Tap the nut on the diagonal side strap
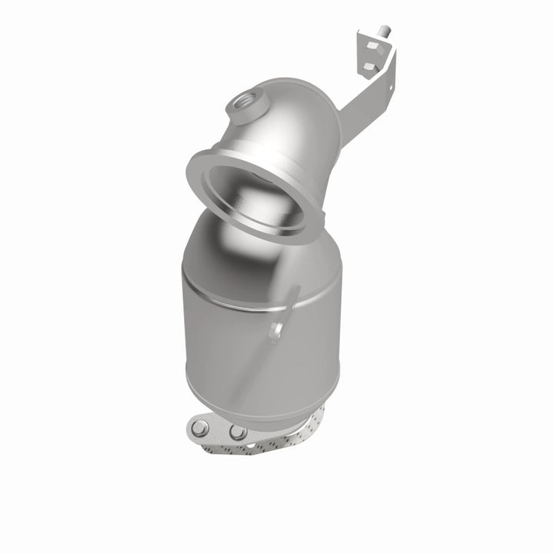(275, 331)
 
